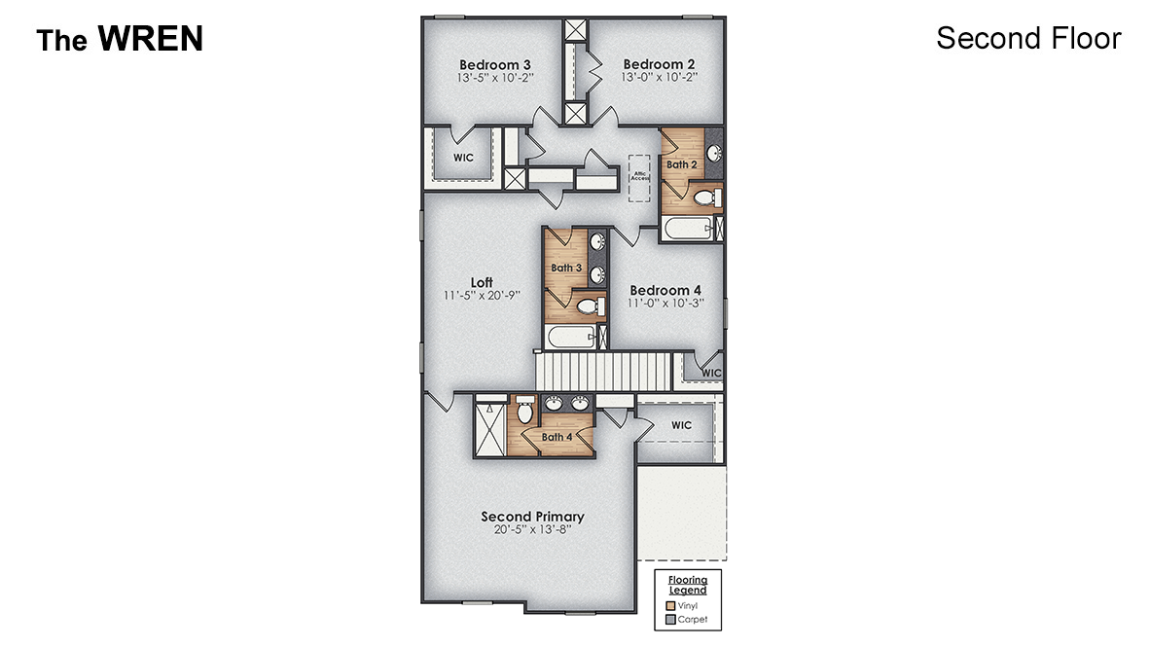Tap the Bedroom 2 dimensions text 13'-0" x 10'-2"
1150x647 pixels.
659,77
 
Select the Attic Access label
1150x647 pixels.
639,176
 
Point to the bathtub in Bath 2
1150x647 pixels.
686,229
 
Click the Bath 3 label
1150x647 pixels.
566,268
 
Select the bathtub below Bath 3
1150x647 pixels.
569,338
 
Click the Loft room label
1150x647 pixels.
482,282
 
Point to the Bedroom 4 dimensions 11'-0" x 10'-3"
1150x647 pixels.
665,303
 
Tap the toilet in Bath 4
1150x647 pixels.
525,413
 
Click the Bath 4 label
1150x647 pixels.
557,437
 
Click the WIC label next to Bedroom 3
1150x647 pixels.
463,158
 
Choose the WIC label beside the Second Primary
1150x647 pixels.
681,425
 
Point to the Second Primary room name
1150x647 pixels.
532,517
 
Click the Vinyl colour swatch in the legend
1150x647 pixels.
669,605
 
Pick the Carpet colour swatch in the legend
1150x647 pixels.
669,619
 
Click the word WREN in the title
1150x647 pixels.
150,38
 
